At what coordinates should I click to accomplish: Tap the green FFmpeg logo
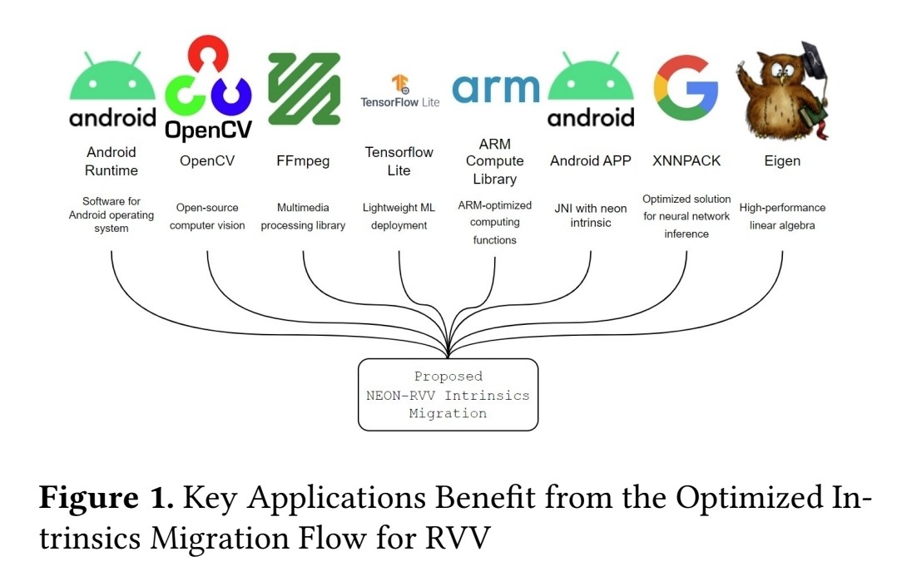click(x=304, y=89)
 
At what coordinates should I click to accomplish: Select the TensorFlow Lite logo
click(x=399, y=91)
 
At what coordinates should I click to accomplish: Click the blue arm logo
click(x=495, y=89)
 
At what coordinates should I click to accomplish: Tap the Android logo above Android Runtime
click(x=112, y=91)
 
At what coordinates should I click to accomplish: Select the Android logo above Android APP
click(x=591, y=91)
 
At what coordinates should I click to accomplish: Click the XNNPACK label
click(x=686, y=161)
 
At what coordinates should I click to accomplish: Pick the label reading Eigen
click(x=782, y=161)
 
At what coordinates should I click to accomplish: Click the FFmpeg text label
click(x=303, y=161)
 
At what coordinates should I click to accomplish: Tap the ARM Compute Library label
click(x=495, y=161)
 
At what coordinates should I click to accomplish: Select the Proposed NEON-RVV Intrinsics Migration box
click(x=448, y=395)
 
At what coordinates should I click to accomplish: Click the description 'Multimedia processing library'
click(x=303, y=216)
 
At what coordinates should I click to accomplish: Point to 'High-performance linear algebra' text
click(x=782, y=216)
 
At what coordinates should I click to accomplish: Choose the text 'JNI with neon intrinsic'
click(x=591, y=216)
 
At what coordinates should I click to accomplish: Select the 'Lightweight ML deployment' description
click(x=399, y=216)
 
